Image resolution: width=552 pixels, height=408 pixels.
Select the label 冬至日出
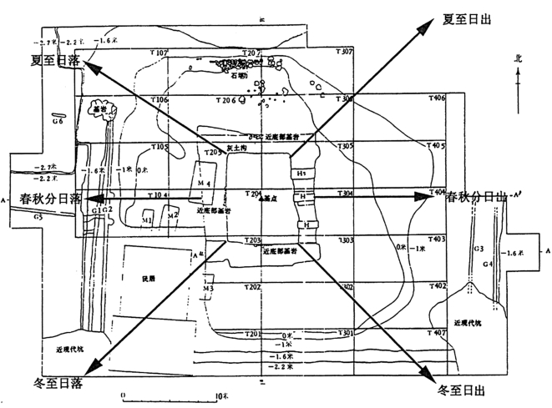pos(462,389)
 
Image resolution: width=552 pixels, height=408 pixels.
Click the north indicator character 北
pos(519,59)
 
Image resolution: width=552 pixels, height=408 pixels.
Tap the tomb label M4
pos(204,183)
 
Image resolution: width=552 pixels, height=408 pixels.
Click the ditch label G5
pos(16,217)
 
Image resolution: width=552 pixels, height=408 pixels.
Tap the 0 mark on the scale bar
pos(124,395)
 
